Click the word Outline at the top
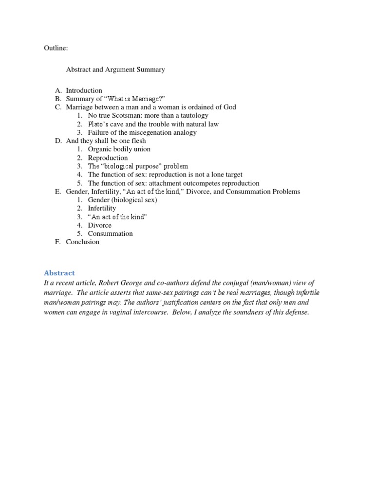coord(56,49)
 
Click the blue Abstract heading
coord(59,273)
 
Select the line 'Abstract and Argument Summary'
coord(115,70)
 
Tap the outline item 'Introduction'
coord(84,90)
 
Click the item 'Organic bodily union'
coord(119,149)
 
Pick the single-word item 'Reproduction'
coord(108,158)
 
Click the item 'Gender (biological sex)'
coord(122,200)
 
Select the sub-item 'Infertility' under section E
coord(102,208)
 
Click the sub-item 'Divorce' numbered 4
coord(99,225)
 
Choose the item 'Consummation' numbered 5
coord(110,233)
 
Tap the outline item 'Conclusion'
coord(82,242)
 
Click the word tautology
coord(192,116)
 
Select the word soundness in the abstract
coord(254,312)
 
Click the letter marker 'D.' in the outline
coord(58,141)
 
